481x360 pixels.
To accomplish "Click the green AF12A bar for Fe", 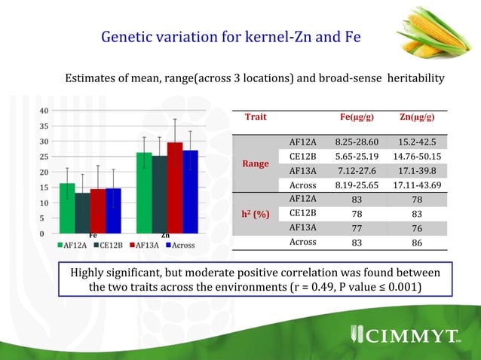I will pos(67,209).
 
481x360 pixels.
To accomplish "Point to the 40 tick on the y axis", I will pos(44,111).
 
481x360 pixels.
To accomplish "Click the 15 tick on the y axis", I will pos(44,203).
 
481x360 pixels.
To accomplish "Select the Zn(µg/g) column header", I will pos(417,118).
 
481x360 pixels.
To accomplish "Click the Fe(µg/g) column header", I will pos(358,118).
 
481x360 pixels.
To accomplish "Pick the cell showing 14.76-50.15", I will pos(417,156).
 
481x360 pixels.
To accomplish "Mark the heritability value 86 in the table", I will pos(417,243).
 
